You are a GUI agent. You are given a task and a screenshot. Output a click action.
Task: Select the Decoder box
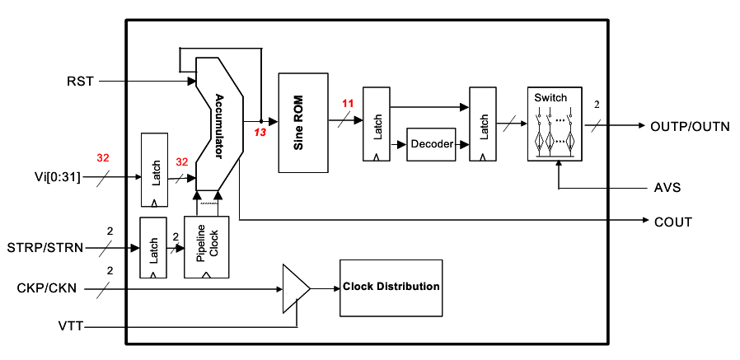coord(431,143)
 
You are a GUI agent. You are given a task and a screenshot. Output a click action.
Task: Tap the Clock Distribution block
coord(391,287)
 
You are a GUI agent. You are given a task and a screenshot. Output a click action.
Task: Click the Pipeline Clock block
coord(206,247)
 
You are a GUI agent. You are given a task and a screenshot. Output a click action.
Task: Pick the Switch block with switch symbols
coord(555,123)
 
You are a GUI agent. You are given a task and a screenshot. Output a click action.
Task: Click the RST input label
coord(80,81)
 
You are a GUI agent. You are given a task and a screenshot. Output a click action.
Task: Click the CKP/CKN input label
coord(47,288)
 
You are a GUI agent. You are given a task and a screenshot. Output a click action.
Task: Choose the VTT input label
coord(69,327)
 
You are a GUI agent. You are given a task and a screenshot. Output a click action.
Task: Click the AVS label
coord(667,188)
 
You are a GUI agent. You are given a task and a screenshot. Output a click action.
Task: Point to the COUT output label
coord(672,222)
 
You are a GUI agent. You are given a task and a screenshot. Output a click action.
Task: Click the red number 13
coord(260,132)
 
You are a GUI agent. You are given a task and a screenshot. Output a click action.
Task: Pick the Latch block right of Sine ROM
coord(377,124)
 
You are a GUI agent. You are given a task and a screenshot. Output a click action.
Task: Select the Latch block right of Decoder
coord(483,124)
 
